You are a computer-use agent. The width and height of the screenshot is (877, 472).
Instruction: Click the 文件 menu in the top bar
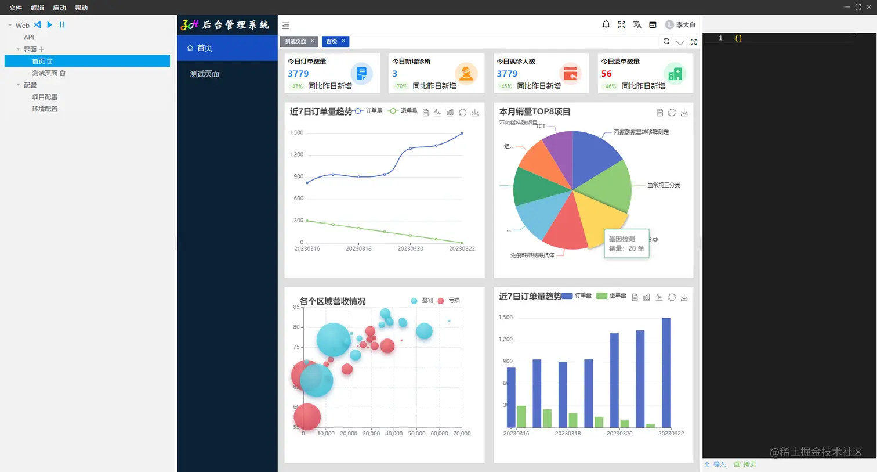[16, 8]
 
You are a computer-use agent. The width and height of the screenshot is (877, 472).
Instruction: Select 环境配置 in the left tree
[45, 109]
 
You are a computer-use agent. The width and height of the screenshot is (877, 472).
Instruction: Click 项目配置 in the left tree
[45, 97]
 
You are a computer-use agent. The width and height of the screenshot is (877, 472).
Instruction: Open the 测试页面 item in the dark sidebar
[204, 74]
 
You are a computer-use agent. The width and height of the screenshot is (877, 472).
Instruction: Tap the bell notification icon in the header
[606, 24]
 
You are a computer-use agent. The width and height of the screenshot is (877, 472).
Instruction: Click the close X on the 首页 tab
[343, 41]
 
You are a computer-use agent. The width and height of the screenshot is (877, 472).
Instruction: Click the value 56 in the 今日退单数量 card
[606, 74]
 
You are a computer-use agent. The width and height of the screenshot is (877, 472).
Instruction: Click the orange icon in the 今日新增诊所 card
[466, 74]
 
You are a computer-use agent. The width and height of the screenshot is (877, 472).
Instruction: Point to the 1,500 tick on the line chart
[296, 132]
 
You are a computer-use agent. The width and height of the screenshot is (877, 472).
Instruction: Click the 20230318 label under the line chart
[358, 248]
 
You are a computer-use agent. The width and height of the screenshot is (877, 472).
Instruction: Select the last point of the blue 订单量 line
[462, 133]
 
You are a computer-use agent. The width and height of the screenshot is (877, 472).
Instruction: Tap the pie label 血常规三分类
[664, 185]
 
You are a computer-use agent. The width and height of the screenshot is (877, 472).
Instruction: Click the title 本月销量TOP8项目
[535, 111]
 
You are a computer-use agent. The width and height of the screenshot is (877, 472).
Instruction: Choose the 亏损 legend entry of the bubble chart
[449, 300]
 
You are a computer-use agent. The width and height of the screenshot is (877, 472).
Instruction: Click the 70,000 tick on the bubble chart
[462, 433]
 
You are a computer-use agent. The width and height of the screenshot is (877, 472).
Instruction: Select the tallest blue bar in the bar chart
[666, 372]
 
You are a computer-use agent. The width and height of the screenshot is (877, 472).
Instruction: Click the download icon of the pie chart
[684, 113]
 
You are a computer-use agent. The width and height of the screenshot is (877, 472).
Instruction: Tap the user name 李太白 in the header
[685, 25]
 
